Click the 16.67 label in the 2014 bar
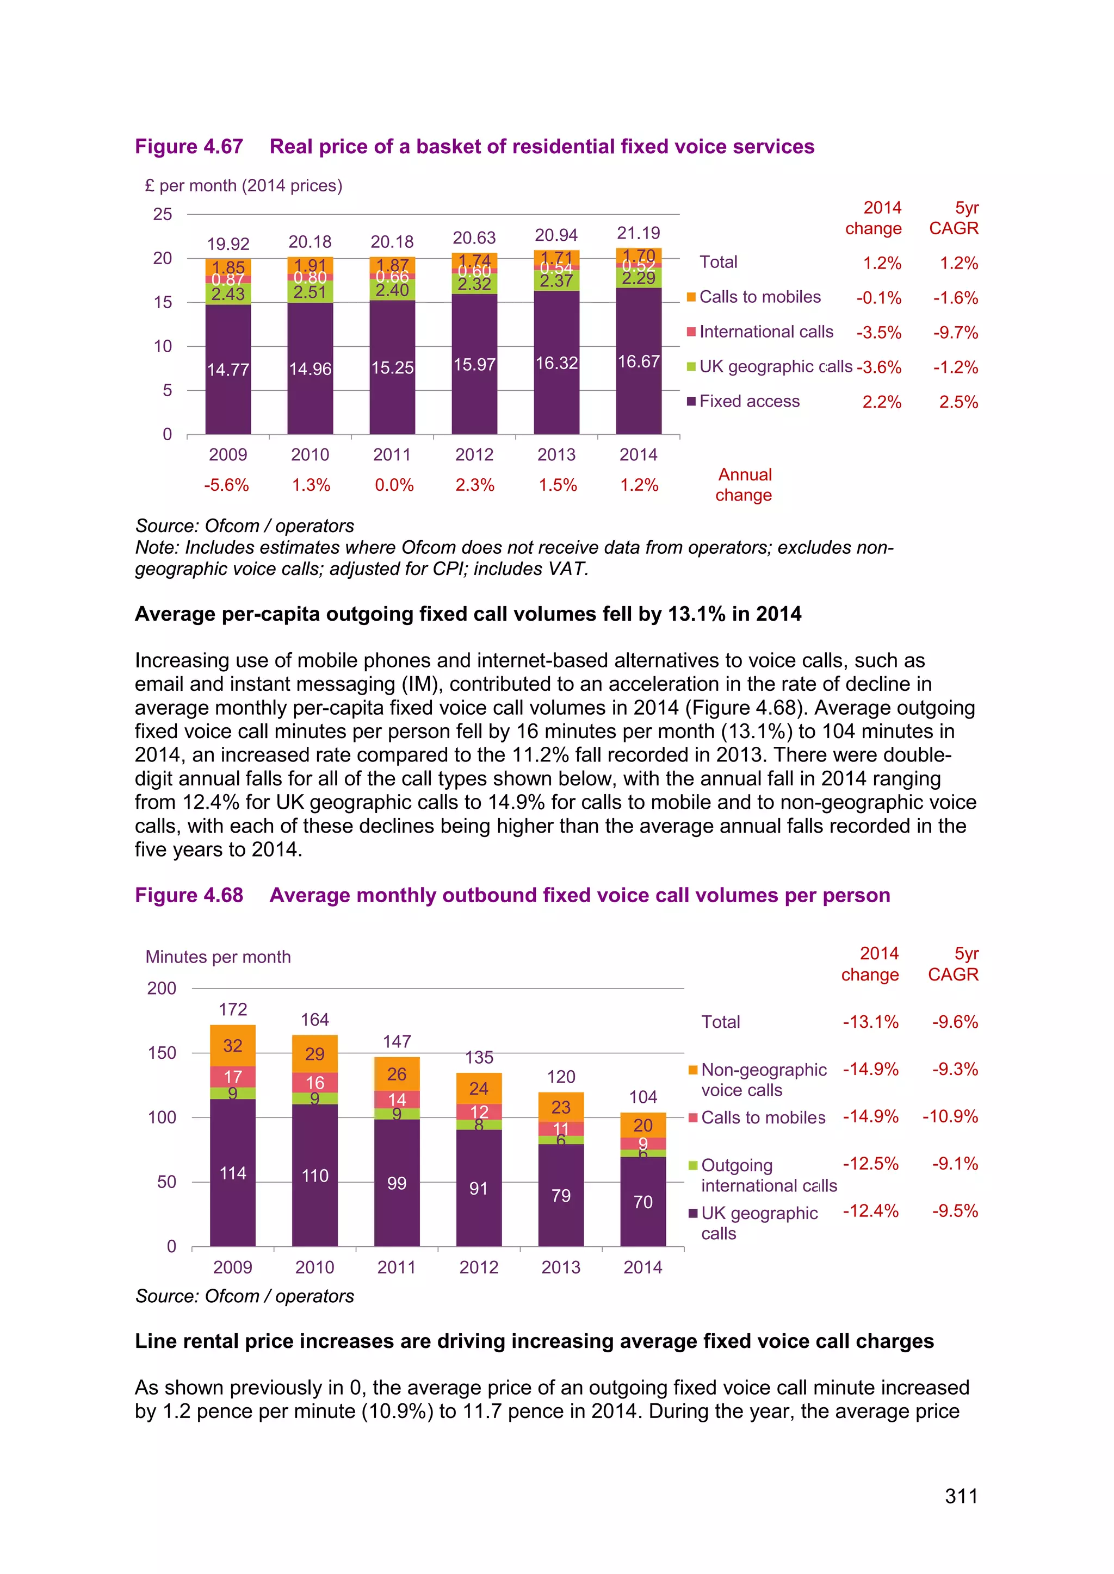tap(639, 361)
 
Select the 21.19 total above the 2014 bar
tap(639, 233)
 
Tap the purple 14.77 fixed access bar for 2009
tap(228, 370)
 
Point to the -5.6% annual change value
tap(226, 485)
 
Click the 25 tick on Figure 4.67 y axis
tap(163, 215)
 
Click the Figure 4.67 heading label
tap(189, 147)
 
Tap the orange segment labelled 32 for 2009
tap(233, 1046)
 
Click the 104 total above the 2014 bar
tap(643, 1097)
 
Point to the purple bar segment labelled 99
tap(397, 1183)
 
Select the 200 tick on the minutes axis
tap(162, 989)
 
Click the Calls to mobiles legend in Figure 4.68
tap(762, 1117)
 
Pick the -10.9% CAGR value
tap(950, 1117)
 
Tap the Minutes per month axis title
tap(218, 957)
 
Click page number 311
tap(961, 1496)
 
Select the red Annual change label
tap(744, 485)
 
